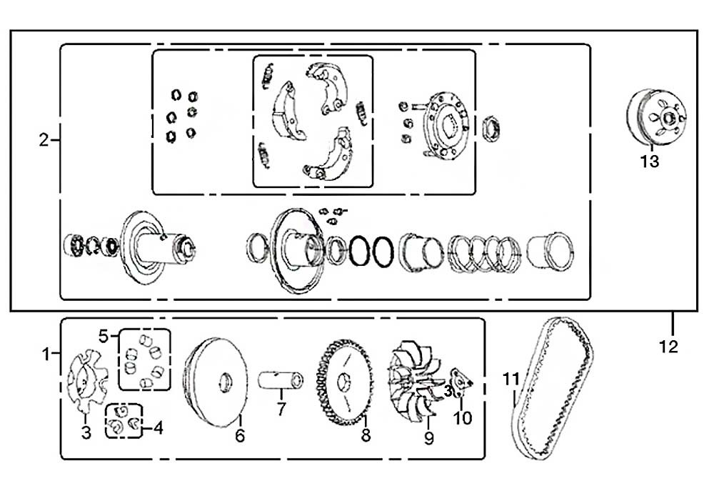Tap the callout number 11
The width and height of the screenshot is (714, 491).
511,380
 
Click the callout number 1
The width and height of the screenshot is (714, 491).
47,354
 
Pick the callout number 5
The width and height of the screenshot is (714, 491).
103,335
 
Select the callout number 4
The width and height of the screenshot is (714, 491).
158,429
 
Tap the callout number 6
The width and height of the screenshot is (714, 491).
240,435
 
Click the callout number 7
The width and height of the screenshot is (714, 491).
281,410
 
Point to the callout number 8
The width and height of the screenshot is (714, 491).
366,435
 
